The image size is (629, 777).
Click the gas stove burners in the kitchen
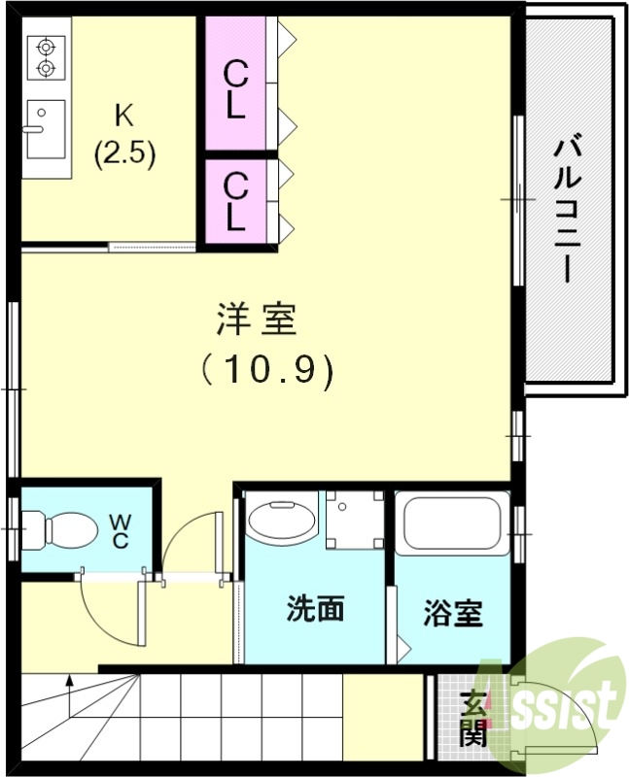(x=44, y=56)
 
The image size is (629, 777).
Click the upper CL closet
(x=234, y=88)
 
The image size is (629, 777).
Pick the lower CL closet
(x=234, y=200)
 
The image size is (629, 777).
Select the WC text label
(x=120, y=530)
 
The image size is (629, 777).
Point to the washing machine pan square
(x=354, y=520)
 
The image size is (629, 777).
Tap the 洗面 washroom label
(x=315, y=609)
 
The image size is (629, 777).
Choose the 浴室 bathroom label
(x=453, y=614)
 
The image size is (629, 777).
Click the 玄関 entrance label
(x=473, y=718)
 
